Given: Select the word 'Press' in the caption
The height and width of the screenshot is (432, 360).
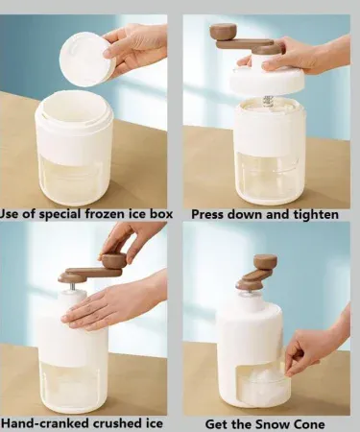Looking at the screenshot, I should (208, 214).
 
